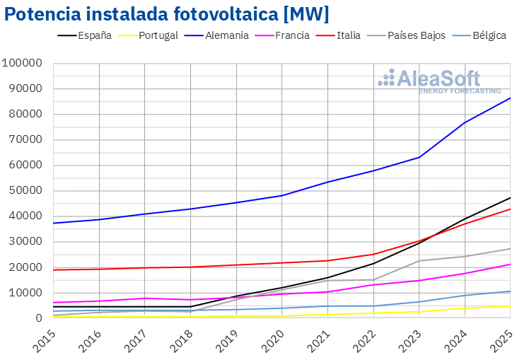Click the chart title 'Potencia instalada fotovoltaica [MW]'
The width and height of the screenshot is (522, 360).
click(x=167, y=14)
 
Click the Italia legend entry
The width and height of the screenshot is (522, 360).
click(x=349, y=35)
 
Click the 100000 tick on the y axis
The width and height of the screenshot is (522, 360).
click(x=24, y=64)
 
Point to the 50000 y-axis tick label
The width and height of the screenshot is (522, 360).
click(x=27, y=191)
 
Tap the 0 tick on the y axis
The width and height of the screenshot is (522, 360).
click(x=40, y=318)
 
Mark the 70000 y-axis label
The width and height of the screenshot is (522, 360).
click(x=27, y=140)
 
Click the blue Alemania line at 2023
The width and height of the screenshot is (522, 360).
click(x=419, y=157)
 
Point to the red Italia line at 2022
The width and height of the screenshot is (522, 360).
click(x=373, y=254)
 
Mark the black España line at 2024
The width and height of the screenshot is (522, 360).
click(x=465, y=219)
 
